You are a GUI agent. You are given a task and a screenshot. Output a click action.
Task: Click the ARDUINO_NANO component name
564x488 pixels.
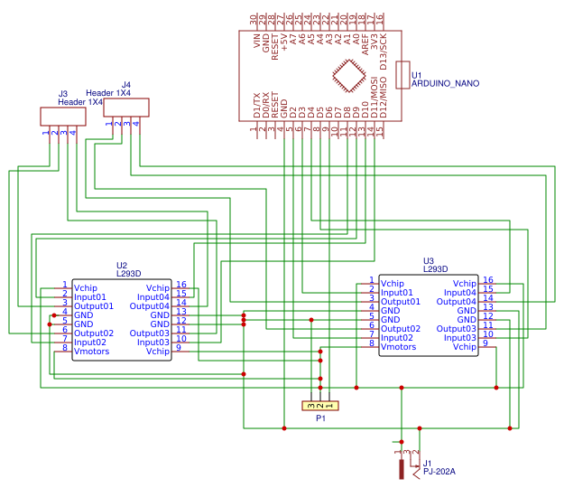[x=445, y=83]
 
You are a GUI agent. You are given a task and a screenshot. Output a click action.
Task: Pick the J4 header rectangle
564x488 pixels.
[x=125, y=108]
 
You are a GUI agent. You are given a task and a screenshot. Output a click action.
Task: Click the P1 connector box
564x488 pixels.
[x=320, y=406]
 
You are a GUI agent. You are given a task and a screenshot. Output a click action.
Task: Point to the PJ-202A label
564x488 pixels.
[x=439, y=472]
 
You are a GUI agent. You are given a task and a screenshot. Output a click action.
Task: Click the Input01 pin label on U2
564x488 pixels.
[x=90, y=296]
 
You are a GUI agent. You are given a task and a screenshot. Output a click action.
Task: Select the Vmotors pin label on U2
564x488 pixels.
[x=91, y=352]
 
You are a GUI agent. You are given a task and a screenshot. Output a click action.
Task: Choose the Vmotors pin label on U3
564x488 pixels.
[x=398, y=346]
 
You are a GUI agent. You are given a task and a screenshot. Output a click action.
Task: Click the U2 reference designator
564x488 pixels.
[x=122, y=265]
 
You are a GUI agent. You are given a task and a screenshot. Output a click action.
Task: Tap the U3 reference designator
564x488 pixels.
[x=429, y=260]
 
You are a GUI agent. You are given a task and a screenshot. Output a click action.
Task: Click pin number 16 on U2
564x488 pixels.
[x=181, y=286]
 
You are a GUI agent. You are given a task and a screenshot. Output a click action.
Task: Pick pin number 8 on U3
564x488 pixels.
[x=371, y=344]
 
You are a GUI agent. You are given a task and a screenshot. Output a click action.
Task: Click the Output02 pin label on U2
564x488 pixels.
[x=93, y=333]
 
